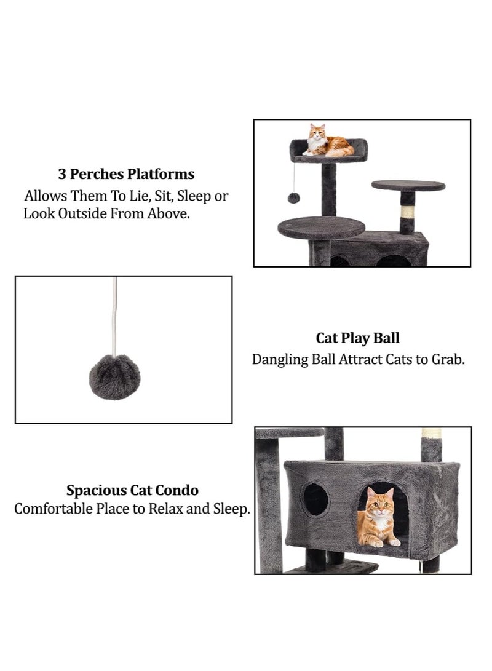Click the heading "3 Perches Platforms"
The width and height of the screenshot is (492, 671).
[126, 174]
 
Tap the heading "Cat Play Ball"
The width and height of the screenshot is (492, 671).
[357, 338]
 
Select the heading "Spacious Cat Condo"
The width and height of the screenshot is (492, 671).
[132, 491]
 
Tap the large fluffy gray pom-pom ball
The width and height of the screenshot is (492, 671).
[114, 377]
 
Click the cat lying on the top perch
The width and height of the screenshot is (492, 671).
[328, 143]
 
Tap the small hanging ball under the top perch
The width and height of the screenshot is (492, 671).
[294, 197]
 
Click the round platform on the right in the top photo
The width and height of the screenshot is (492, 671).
[408, 185]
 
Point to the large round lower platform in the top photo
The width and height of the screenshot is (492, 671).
[321, 228]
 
